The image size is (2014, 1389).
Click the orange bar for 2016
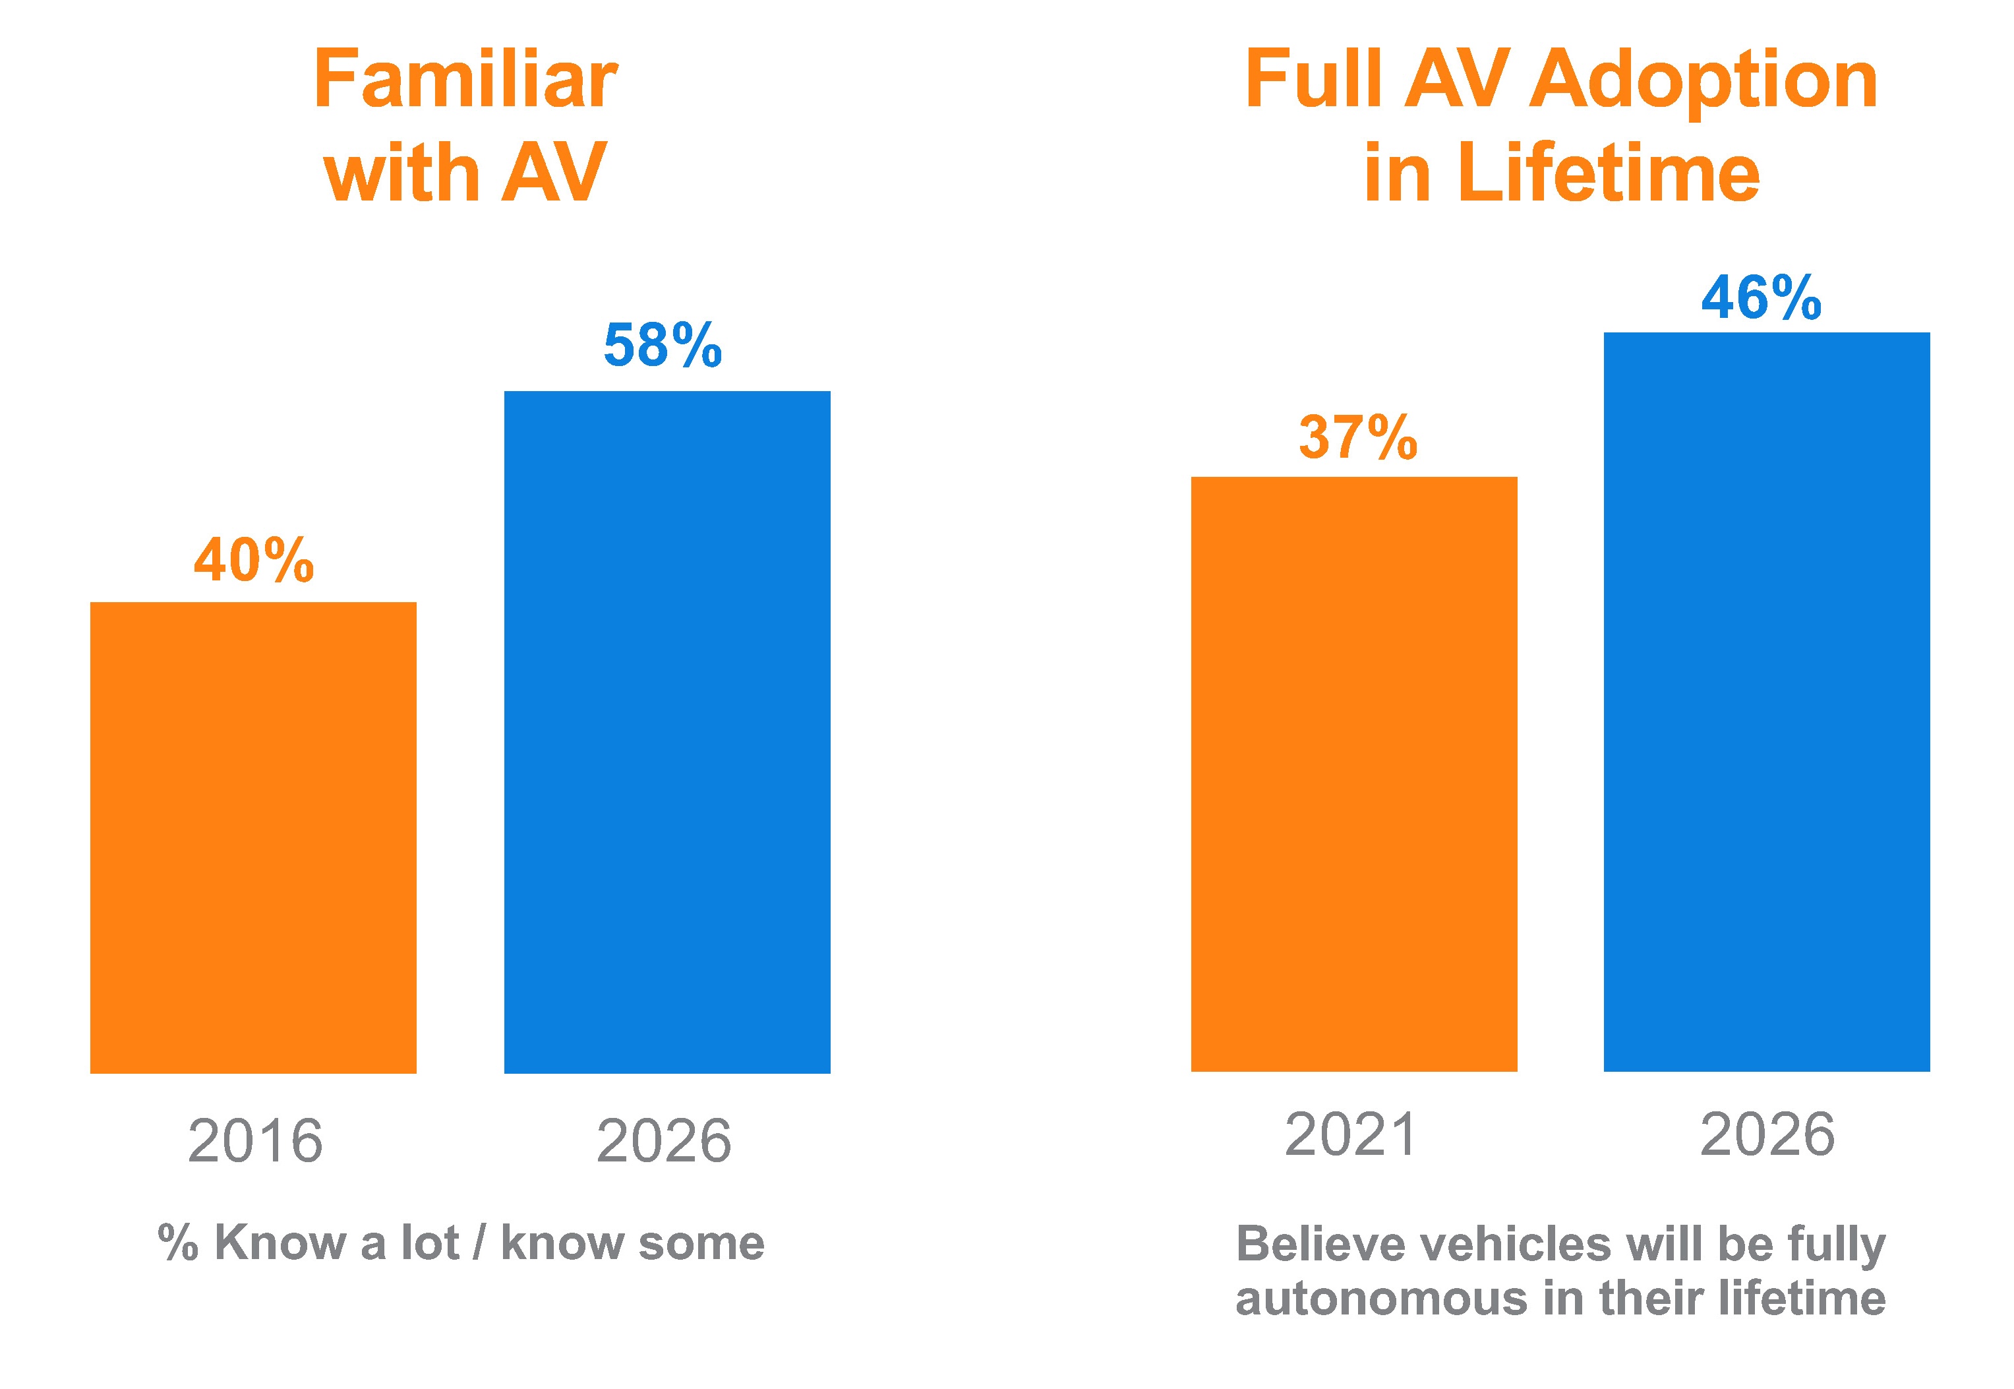click(x=253, y=837)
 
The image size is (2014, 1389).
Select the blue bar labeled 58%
click(x=667, y=732)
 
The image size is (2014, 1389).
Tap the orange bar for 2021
click(x=1353, y=774)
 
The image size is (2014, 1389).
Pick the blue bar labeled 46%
click(x=1767, y=702)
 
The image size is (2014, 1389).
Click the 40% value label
click(x=253, y=559)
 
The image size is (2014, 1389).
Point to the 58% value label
click(x=663, y=345)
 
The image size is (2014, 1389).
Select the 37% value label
click(x=1358, y=437)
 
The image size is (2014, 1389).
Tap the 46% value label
click(x=1762, y=297)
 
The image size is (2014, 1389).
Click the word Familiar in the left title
click(x=465, y=79)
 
